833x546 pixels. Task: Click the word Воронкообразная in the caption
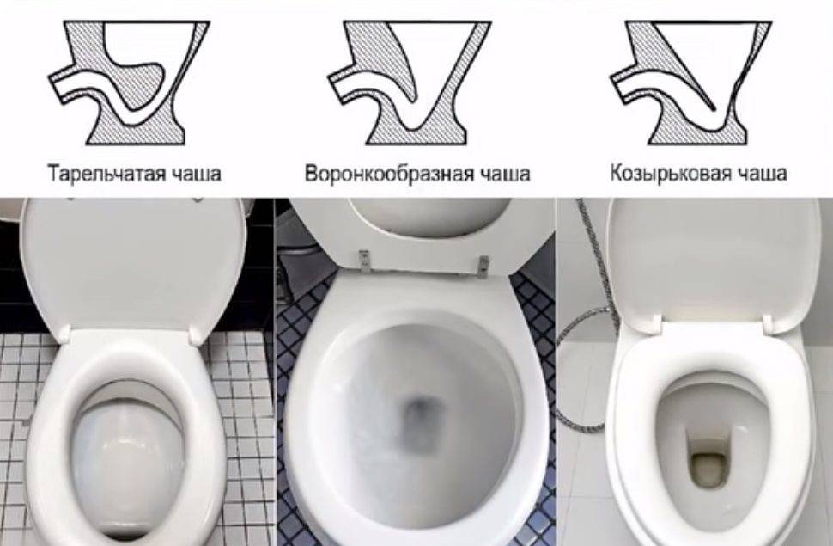pyautogui.click(x=389, y=174)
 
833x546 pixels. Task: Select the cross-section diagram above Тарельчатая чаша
pyautogui.click(x=129, y=83)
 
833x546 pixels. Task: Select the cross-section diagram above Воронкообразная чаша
pyautogui.click(x=409, y=83)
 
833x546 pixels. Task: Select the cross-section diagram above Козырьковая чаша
pyautogui.click(x=690, y=83)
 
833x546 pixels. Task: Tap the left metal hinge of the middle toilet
pyautogui.click(x=364, y=259)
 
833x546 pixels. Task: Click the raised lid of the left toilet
pyautogui.click(x=133, y=266)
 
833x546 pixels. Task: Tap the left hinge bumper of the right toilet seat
pyautogui.click(x=655, y=322)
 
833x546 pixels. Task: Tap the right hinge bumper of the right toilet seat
pyautogui.click(x=768, y=322)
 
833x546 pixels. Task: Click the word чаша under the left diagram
pyautogui.click(x=198, y=174)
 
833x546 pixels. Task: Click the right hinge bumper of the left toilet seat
pyautogui.click(x=197, y=334)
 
